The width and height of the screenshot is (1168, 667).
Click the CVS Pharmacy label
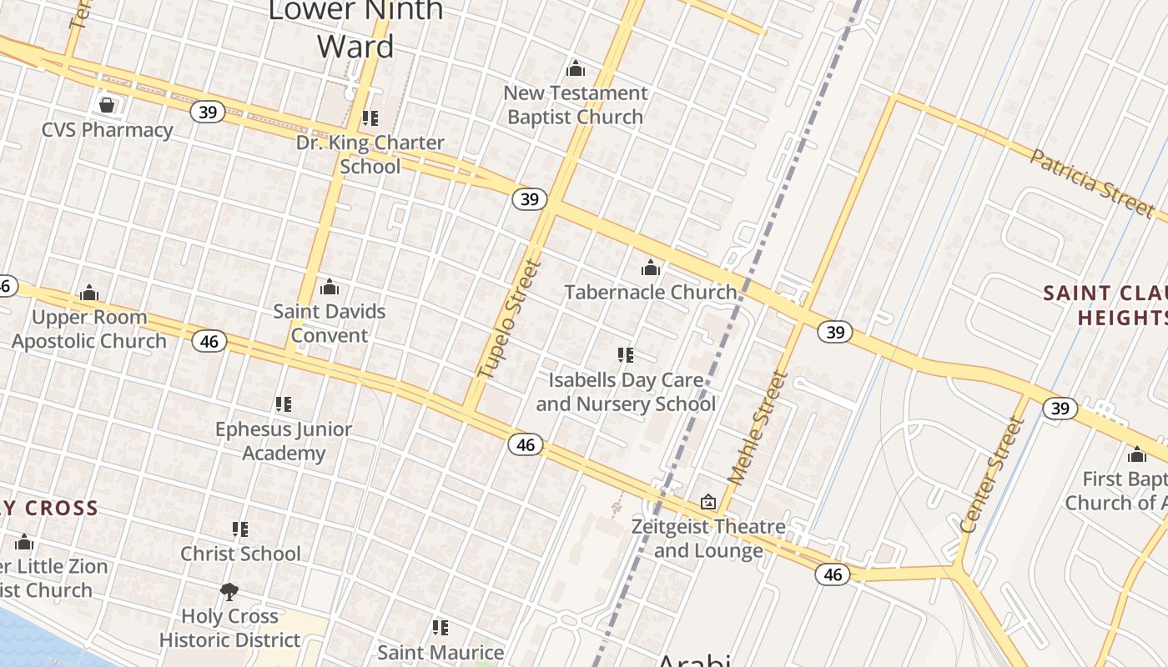[108, 130]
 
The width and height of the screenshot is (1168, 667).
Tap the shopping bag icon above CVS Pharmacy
[107, 105]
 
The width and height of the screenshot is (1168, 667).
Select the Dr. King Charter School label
[370, 154]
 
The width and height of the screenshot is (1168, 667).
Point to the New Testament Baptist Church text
[576, 105]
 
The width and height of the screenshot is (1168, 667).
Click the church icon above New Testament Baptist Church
[575, 68]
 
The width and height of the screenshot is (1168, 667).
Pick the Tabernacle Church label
[651, 292]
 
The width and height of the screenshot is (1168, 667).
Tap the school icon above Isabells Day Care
[626, 355]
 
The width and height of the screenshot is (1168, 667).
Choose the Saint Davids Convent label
[330, 323]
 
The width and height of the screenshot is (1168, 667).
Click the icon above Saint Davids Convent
[330, 288]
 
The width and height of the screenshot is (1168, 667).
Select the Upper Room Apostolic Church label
[89, 329]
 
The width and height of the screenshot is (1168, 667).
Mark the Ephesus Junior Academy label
[284, 441]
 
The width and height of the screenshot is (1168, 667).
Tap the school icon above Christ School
[240, 529]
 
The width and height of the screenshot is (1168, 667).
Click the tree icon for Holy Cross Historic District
[229, 592]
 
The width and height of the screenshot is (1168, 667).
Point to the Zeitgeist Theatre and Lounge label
[708, 539]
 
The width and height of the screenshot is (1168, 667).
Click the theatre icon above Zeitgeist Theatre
[708, 502]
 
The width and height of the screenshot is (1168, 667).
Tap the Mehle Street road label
[758, 428]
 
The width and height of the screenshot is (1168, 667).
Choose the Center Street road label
[992, 475]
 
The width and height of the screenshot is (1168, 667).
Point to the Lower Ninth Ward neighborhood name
[356, 28]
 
